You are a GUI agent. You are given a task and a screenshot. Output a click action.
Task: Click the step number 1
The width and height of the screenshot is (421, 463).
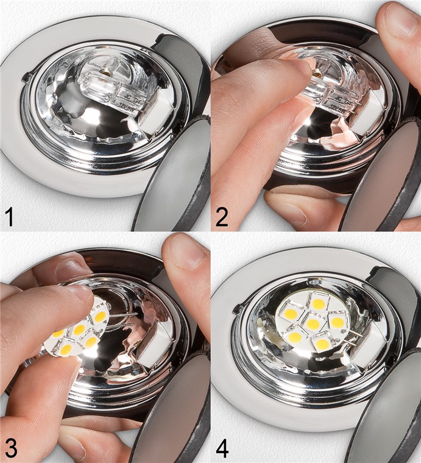coord(9,217)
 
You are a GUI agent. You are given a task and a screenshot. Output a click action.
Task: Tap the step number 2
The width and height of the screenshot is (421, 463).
coord(222,217)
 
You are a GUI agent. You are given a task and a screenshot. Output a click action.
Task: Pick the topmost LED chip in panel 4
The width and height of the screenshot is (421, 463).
coord(318,303)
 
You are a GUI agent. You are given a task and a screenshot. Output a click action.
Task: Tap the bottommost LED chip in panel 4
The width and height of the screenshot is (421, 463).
coord(322,345)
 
